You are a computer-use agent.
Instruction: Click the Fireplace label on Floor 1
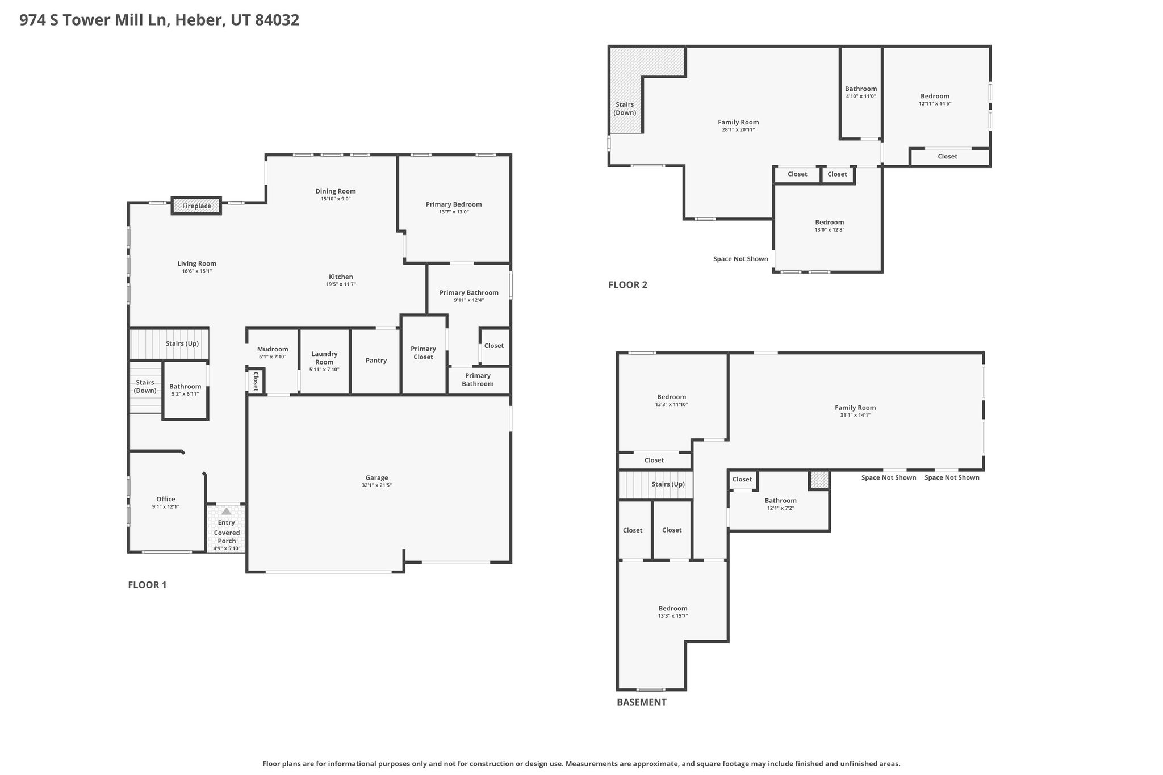pos(196,206)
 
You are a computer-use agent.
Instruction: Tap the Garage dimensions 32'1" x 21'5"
pos(376,485)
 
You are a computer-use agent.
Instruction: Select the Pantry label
pos(376,361)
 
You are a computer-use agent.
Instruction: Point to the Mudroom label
pos(273,350)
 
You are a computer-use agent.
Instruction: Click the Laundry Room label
pos(324,358)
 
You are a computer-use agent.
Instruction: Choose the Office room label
pos(166,500)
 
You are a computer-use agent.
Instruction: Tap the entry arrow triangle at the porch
pos(227,511)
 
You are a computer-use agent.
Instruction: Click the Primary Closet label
pos(423,353)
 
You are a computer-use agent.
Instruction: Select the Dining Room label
pos(336,191)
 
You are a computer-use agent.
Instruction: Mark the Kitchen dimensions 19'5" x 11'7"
pos(341,284)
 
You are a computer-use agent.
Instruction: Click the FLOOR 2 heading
pos(627,285)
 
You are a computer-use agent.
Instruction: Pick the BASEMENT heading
pos(642,702)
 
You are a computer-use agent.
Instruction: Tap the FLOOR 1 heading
pos(147,585)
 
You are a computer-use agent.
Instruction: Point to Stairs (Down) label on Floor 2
pos(625,108)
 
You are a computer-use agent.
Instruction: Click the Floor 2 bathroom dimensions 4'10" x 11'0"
pos(861,97)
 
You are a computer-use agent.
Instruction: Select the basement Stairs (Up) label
pos(668,484)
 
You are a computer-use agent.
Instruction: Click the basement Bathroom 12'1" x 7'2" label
pos(780,504)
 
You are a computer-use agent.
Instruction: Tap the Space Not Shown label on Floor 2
pos(741,259)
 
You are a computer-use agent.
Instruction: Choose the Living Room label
pos(196,264)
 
